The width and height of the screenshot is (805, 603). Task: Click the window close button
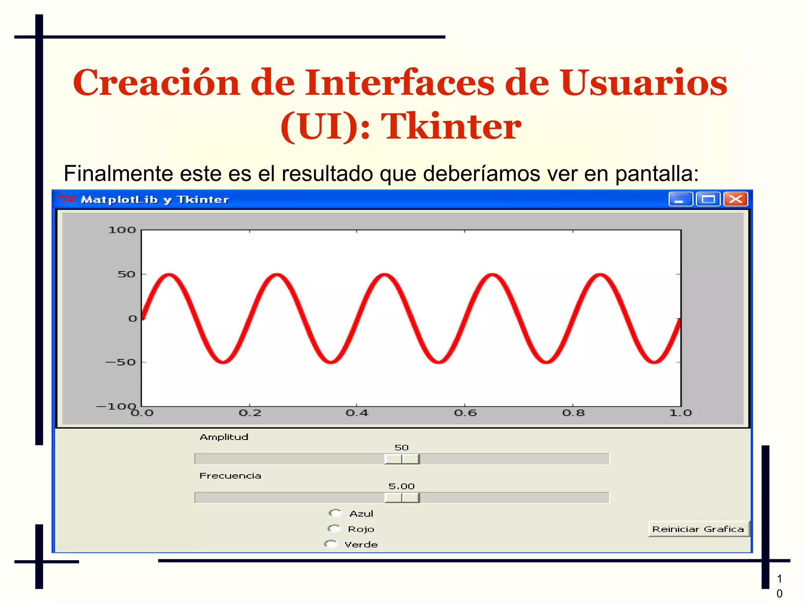tap(735, 199)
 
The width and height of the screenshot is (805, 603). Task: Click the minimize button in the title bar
tap(680, 199)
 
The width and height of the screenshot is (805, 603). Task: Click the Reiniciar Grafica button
tap(698, 529)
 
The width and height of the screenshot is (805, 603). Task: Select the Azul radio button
tap(335, 513)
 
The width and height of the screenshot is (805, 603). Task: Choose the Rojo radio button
tap(334, 529)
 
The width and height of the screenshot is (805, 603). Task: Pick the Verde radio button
tap(331, 544)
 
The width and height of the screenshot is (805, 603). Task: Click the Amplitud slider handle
tap(402, 459)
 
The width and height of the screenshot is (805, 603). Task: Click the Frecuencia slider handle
tap(402, 498)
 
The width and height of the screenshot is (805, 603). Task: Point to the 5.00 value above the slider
tap(401, 486)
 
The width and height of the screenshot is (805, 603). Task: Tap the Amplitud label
tap(224, 437)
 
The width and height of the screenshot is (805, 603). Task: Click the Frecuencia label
tap(230, 476)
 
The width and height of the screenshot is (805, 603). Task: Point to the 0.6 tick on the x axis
tap(465, 413)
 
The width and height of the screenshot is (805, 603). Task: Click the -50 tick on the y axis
tap(121, 362)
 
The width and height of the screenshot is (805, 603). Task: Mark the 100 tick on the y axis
tap(122, 230)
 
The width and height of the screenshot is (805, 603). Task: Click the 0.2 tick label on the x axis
tap(250, 413)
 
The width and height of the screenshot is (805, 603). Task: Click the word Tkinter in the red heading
tap(451, 126)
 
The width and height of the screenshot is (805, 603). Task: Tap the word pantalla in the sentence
tap(656, 174)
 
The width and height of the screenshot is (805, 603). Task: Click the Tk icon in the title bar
tap(66, 200)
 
